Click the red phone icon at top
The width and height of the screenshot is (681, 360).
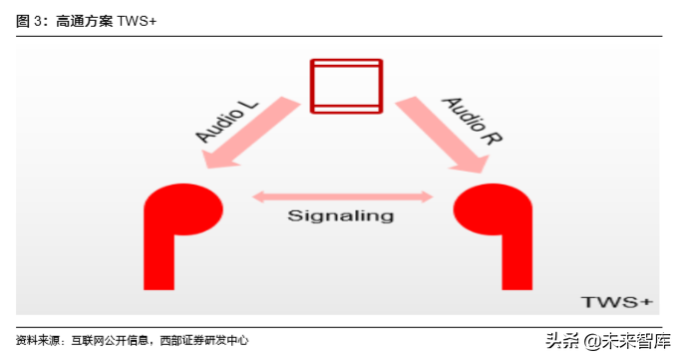click(346, 86)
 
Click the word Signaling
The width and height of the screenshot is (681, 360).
click(341, 215)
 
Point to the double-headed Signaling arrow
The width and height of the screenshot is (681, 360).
click(341, 196)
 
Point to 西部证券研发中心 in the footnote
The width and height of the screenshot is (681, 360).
click(204, 341)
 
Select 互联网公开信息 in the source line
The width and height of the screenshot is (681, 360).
click(111, 341)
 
